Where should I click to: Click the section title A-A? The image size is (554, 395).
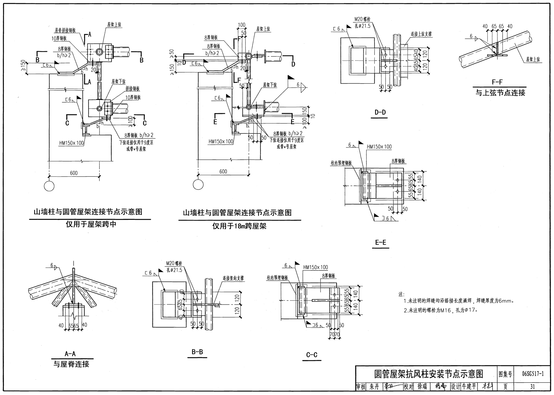(x=70, y=354)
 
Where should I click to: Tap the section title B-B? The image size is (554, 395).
(x=197, y=352)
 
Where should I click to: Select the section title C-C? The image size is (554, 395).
(x=312, y=355)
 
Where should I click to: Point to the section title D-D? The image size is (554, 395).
(x=380, y=112)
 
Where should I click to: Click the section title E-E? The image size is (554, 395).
(x=381, y=242)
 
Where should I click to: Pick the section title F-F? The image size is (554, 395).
(x=497, y=82)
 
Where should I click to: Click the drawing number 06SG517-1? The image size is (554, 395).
(x=533, y=374)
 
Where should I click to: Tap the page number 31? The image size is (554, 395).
(x=532, y=387)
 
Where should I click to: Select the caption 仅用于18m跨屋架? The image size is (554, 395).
(x=239, y=226)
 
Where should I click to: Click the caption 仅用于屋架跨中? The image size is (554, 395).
(x=91, y=224)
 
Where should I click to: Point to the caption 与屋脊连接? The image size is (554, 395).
(x=71, y=364)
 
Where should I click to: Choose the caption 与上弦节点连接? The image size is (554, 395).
(x=500, y=93)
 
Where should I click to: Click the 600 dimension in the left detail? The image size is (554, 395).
(x=74, y=173)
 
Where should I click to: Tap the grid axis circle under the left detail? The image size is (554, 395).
(x=49, y=186)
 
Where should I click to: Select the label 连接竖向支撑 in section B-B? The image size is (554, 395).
(x=233, y=278)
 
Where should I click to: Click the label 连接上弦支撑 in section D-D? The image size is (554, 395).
(x=421, y=34)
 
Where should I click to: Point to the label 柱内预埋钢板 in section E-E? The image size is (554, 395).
(x=341, y=163)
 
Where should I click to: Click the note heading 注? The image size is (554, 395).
(x=401, y=295)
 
